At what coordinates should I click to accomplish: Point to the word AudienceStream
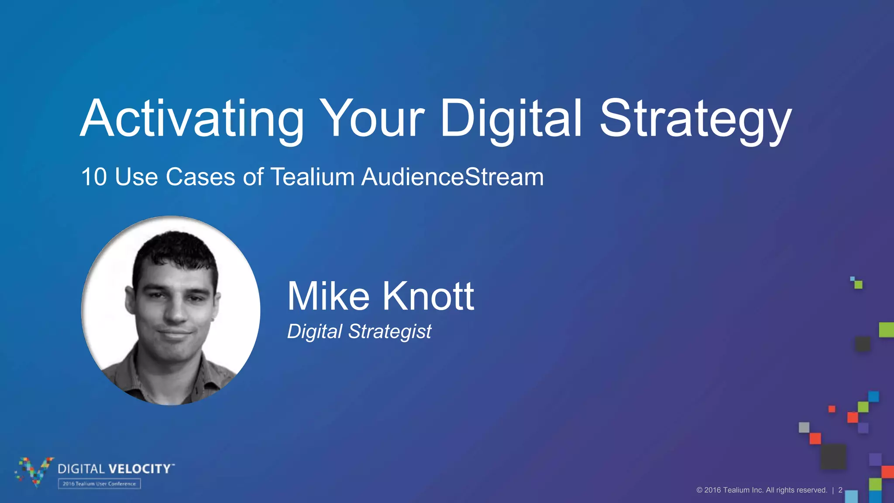coord(452,177)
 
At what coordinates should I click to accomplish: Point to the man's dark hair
coord(175,249)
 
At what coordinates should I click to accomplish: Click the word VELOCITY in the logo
coord(140,469)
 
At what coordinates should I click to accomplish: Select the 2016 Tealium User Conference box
coord(100,484)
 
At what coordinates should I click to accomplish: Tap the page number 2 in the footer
coord(840,490)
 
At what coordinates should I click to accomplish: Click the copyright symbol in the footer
coord(699,490)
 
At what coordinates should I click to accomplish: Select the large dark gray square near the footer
coord(833,457)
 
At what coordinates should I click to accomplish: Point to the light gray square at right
coord(804,427)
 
